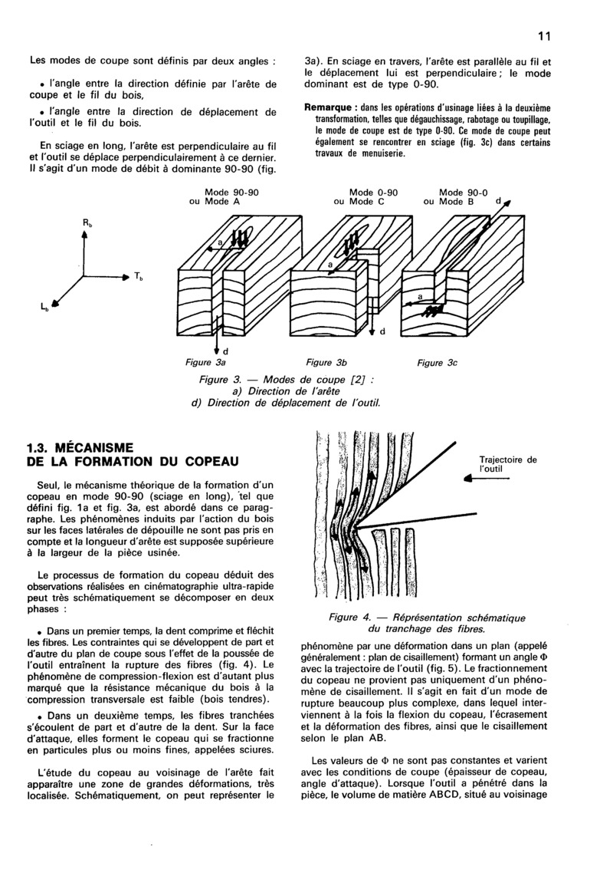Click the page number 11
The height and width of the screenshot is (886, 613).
click(545, 35)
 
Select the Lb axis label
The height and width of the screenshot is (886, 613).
click(46, 308)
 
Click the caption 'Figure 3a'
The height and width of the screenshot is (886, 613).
click(205, 361)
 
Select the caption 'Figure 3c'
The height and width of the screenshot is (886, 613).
click(437, 362)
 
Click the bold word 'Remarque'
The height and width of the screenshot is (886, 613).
click(331, 107)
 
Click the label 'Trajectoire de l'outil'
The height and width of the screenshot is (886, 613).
click(507, 463)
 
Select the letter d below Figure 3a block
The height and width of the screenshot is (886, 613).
click(225, 351)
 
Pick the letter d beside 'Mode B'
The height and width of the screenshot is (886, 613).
click(498, 201)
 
